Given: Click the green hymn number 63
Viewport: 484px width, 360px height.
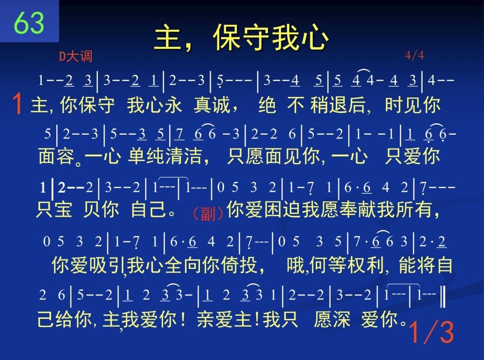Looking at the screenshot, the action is click(29, 23).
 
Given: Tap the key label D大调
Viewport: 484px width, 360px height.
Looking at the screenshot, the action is click(76, 56).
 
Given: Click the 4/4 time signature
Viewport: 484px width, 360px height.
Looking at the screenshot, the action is click(414, 56).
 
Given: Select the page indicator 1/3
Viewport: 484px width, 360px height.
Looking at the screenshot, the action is click(431, 332).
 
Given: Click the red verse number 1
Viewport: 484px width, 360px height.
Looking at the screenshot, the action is click(17, 104).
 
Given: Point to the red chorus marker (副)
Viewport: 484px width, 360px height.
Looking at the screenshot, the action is click(208, 213).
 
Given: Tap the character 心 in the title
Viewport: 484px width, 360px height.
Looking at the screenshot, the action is click(315, 38).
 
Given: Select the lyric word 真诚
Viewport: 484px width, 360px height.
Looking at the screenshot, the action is click(212, 104).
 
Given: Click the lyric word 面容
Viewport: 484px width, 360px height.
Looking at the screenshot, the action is click(57, 156).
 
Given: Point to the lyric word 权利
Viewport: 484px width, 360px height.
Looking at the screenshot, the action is click(366, 265).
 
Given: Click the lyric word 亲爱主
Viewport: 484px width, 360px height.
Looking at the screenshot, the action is click(225, 319).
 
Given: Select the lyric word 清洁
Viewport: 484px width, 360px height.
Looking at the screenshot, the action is click(184, 156).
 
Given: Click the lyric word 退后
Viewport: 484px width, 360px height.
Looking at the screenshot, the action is click(347, 104).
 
